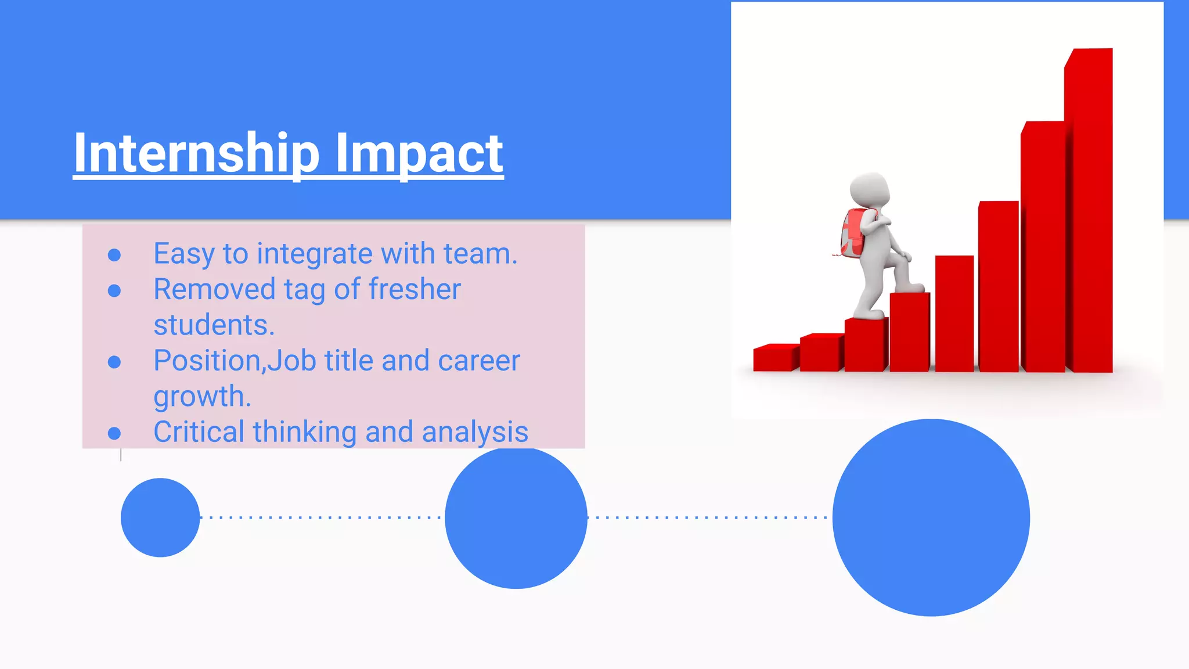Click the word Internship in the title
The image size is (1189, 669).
click(196, 153)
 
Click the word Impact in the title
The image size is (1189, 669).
click(419, 153)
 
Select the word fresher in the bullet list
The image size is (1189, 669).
click(415, 289)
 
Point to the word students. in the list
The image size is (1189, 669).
click(214, 325)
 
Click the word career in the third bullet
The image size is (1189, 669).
click(479, 361)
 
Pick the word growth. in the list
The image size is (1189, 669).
click(202, 397)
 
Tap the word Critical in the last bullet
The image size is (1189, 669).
click(199, 432)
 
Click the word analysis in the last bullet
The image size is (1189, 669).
click(475, 433)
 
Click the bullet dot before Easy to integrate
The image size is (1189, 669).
click(114, 255)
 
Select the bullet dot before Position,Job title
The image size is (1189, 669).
click(114, 362)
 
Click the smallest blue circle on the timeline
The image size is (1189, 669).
click(160, 517)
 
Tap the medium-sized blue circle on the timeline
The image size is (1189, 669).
click(516, 517)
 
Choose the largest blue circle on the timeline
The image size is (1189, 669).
click(931, 517)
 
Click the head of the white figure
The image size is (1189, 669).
click(869, 189)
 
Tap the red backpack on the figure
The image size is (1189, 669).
click(851, 233)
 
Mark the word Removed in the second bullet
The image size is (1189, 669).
click(214, 289)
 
